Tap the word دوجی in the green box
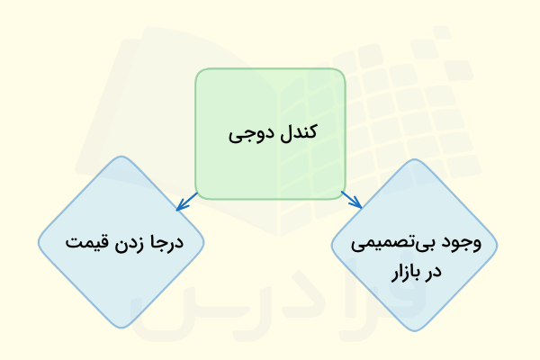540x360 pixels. pos(246,134)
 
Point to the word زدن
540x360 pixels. pos(129,243)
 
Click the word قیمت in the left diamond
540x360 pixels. pos(84,243)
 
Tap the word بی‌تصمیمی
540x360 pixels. pos(403,243)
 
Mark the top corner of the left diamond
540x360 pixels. pos(122,158)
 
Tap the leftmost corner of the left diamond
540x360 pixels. pos(40,242)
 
